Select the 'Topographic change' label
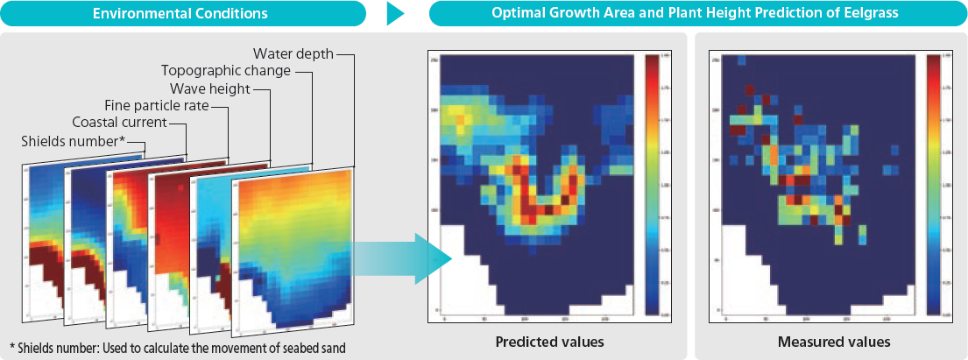(x=225, y=70)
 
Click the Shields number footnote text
(x=178, y=347)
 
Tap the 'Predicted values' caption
(x=549, y=341)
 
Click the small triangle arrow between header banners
(x=396, y=14)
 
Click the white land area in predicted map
(x=460, y=272)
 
